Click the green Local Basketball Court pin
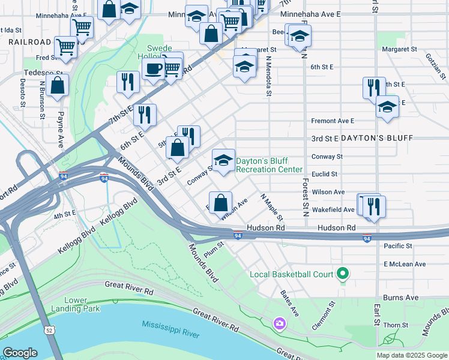(x=343, y=274)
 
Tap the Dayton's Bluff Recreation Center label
(x=269, y=166)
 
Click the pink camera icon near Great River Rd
(x=279, y=324)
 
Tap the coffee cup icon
(x=153, y=68)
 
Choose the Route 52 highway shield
(x=46, y=330)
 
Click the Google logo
(x=20, y=353)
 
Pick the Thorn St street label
(x=396, y=325)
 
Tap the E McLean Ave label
(x=405, y=264)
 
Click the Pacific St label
(x=398, y=246)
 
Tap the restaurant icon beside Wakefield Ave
(x=374, y=207)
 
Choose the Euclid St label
(x=325, y=174)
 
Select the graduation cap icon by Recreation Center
(x=223, y=160)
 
